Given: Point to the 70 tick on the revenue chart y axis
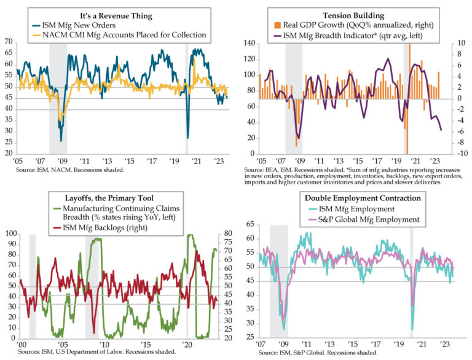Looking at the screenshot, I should tap(9, 42).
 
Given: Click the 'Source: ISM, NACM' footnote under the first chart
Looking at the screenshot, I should tap(72, 169).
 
